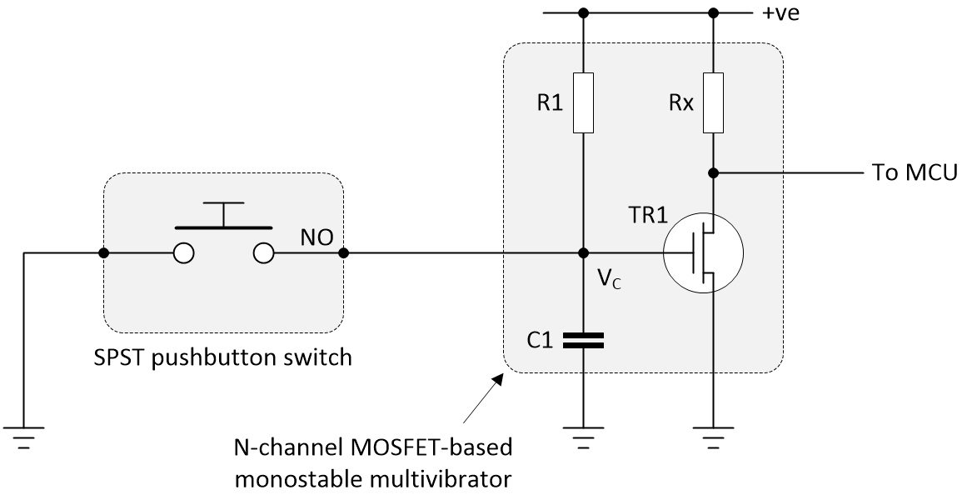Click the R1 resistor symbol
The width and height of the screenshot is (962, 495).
[x=583, y=102]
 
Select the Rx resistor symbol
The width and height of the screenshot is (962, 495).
[x=714, y=102]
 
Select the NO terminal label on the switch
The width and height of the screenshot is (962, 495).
[x=322, y=238]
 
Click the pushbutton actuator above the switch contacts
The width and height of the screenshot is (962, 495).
[x=223, y=215]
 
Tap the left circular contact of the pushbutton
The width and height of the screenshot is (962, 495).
[x=184, y=253]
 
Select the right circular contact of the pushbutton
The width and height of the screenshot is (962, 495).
[x=263, y=253]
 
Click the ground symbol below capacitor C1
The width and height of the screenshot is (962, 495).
[x=583, y=438]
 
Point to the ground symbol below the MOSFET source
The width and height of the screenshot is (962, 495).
[x=714, y=438]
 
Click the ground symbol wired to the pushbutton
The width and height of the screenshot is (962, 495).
[x=24, y=438]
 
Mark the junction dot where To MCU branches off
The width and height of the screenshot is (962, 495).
[x=714, y=173]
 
